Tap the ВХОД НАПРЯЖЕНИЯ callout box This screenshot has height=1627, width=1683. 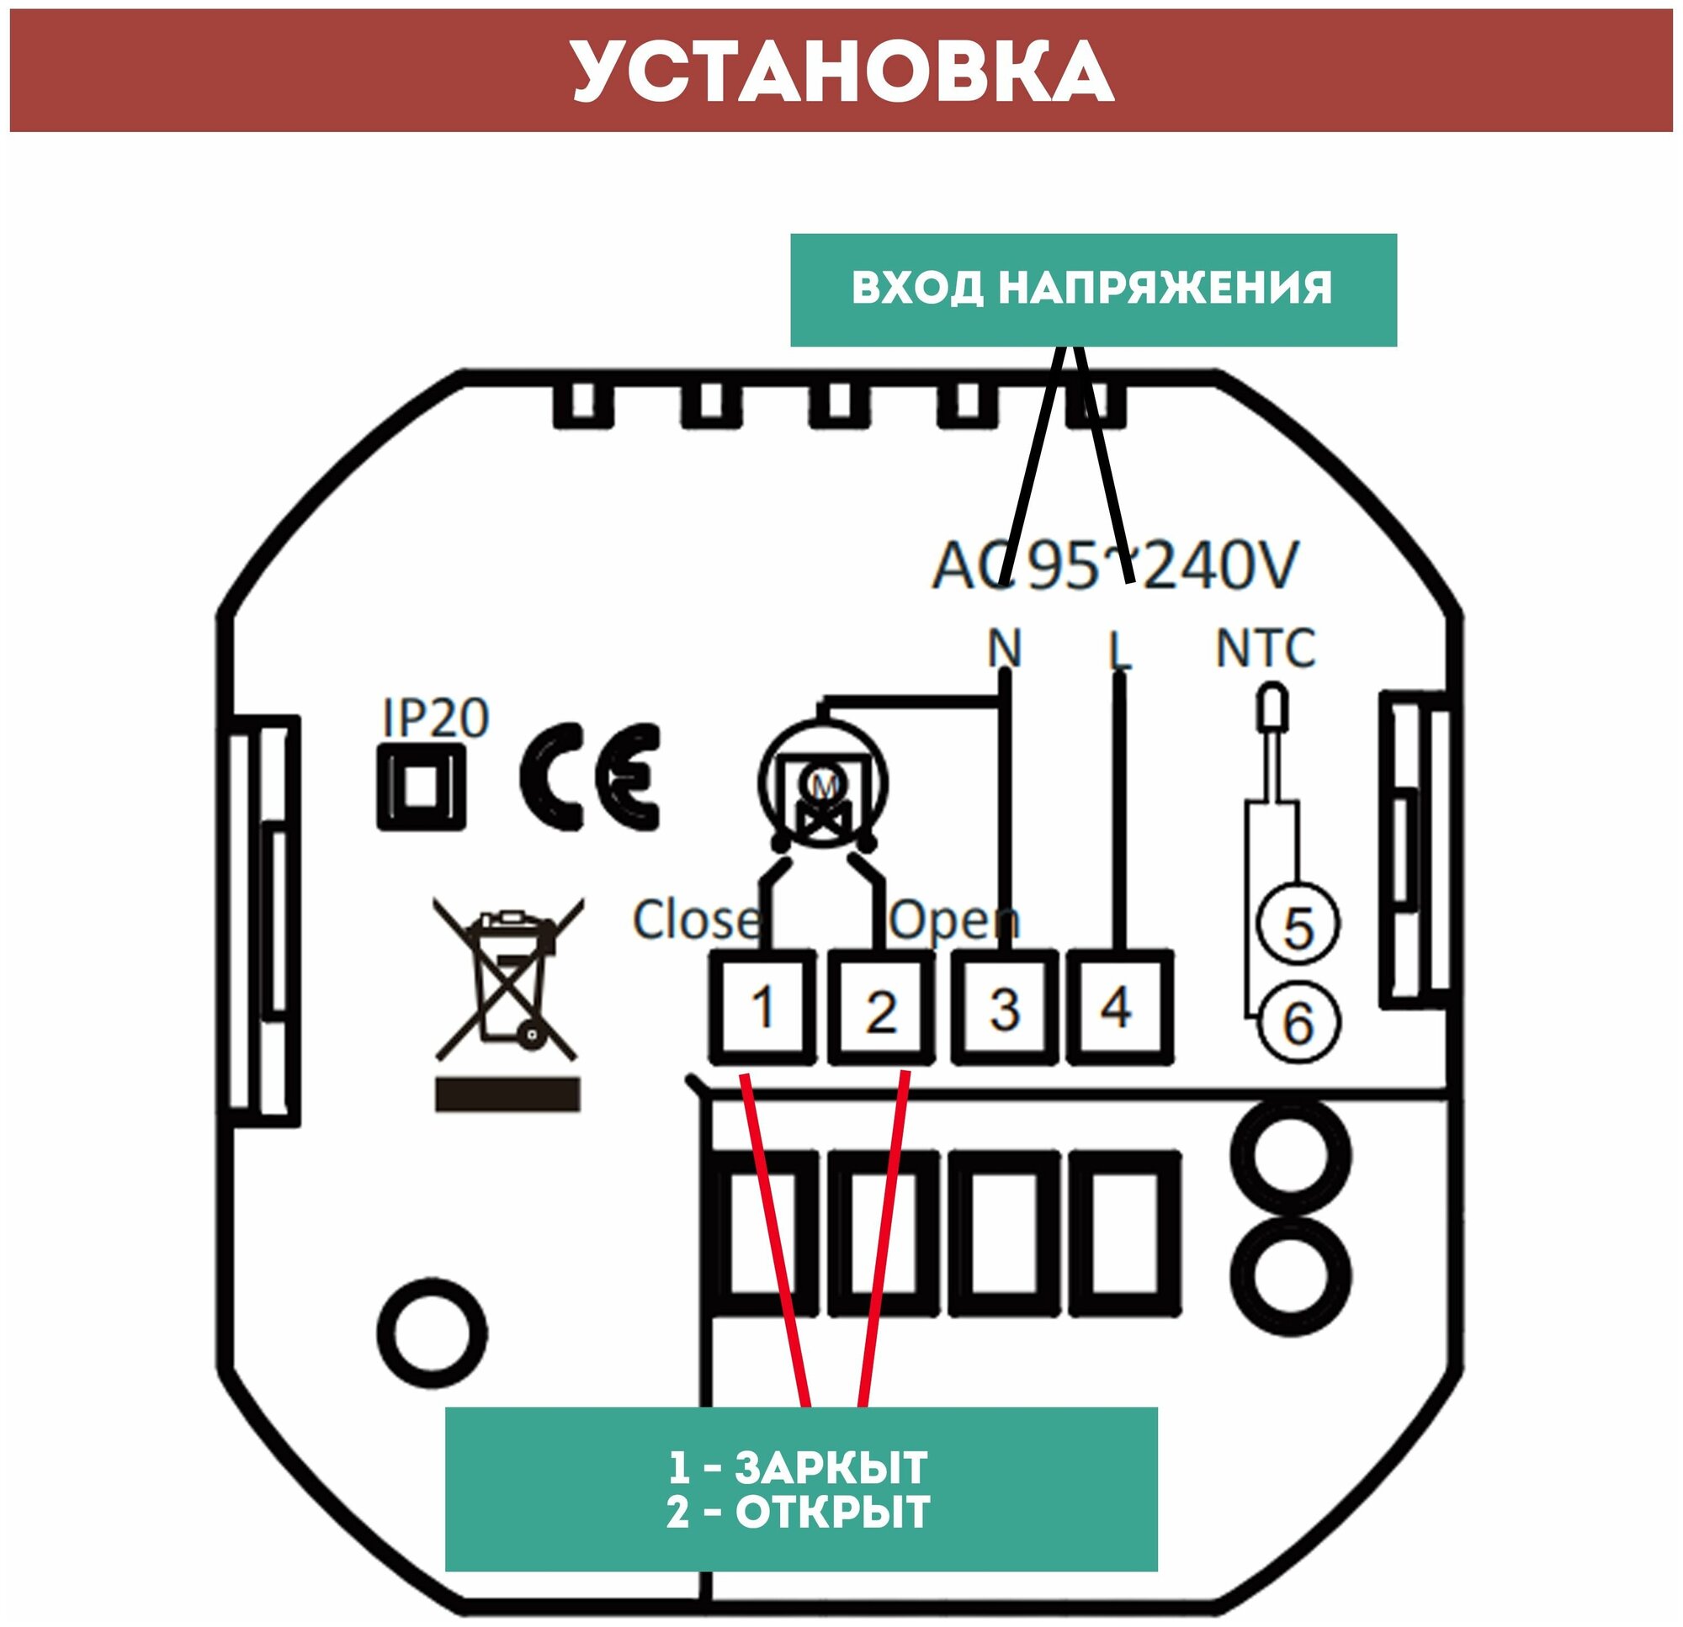(1092, 289)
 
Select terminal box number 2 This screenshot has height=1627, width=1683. (881, 1009)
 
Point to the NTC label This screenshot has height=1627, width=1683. (1265, 649)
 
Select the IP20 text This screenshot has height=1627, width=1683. (435, 718)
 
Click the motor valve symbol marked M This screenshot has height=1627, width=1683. (823, 783)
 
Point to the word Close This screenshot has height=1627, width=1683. (696, 919)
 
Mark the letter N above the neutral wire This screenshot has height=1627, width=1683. (1004, 649)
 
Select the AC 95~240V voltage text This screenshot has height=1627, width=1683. (1114, 565)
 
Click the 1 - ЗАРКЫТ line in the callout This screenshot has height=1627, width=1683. (799, 1467)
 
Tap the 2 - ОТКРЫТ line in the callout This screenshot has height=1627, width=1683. (799, 1512)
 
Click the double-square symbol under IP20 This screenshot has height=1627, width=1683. (421, 787)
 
